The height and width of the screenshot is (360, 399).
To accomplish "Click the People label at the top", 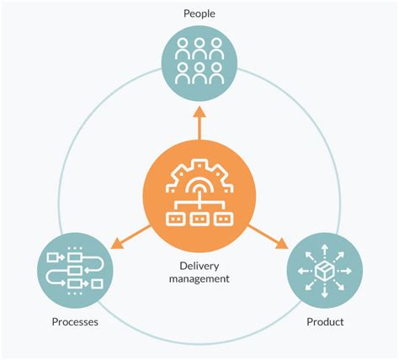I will click(x=199, y=13).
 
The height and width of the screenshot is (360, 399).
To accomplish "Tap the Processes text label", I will click(x=75, y=322).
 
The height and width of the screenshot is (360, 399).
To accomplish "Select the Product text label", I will click(x=324, y=322).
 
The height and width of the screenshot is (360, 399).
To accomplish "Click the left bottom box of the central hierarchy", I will click(x=174, y=220).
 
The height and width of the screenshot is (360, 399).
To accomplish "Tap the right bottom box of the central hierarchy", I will click(x=224, y=220).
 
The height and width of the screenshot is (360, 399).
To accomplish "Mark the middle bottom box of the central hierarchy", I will click(x=199, y=220).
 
